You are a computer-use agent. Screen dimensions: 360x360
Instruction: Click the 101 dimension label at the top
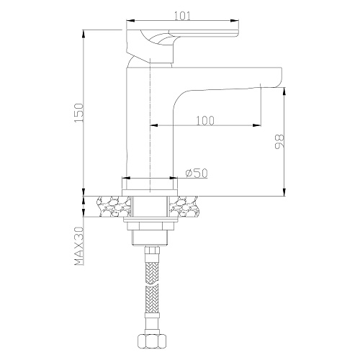182,17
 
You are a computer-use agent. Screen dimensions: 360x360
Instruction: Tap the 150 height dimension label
79,113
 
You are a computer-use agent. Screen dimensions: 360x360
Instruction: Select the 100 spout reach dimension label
205,121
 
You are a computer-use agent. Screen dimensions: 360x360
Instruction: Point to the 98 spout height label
279,141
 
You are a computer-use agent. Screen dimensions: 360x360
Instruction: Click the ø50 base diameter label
197,173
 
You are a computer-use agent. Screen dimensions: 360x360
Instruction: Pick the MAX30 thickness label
79,246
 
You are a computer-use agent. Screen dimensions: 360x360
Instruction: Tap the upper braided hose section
151,273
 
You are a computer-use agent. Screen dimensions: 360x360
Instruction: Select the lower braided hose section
151,300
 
